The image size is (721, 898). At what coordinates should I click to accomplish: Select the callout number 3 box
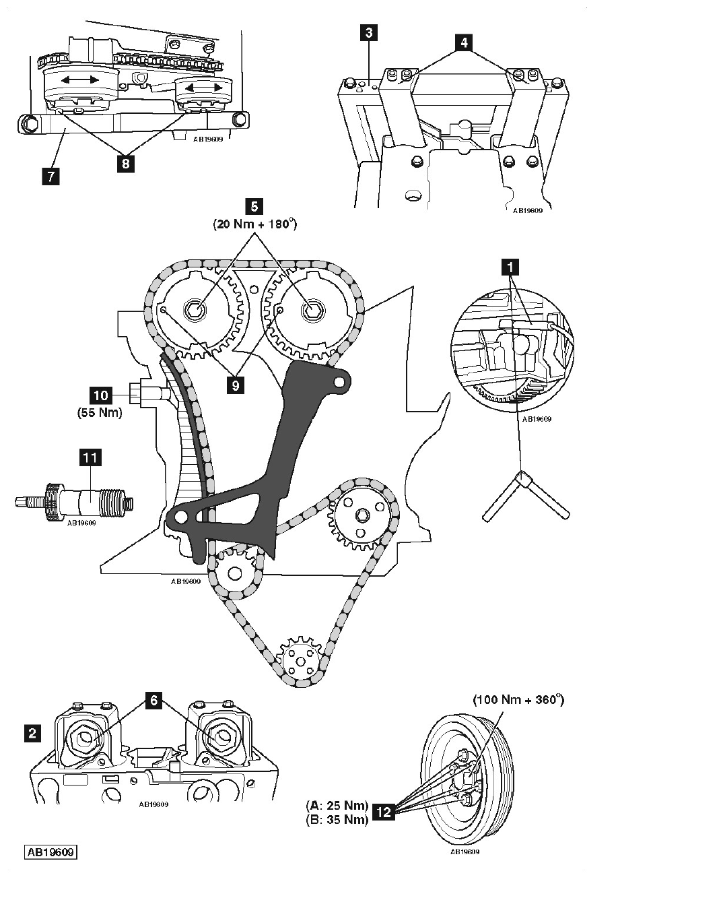click(369, 33)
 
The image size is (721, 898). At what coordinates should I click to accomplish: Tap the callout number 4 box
click(464, 42)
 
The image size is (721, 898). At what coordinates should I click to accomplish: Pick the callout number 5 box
click(254, 207)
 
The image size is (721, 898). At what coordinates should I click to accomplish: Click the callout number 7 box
click(51, 176)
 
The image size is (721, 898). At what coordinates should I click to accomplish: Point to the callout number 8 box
click(125, 164)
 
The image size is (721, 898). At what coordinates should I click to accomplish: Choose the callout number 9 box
click(236, 385)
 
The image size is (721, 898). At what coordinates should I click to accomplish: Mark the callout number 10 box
click(100, 395)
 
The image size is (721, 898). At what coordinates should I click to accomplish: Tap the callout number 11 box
click(90, 458)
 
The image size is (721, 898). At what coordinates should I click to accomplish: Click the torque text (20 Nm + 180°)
click(254, 224)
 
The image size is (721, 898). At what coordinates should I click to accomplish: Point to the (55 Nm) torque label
click(100, 413)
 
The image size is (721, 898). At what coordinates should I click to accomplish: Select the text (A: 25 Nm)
click(337, 805)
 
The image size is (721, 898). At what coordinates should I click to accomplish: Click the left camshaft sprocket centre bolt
click(195, 310)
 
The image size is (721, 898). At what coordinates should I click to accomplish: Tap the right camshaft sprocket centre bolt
click(312, 311)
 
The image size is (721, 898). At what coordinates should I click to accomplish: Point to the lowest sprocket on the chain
click(300, 660)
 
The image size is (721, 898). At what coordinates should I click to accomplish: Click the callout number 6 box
click(153, 700)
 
